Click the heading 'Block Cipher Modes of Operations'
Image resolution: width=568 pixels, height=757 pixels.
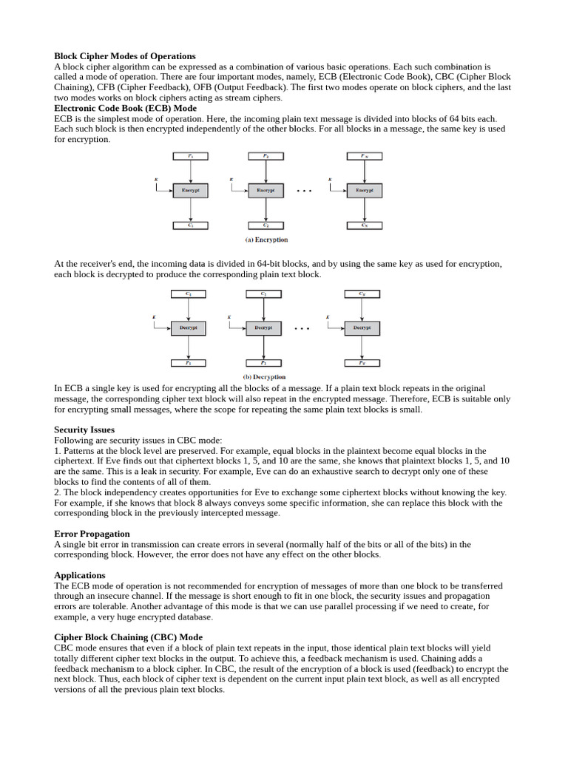click(124, 56)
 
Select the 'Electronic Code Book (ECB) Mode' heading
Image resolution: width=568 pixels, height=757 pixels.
click(125, 108)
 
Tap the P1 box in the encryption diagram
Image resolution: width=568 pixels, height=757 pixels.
click(190, 156)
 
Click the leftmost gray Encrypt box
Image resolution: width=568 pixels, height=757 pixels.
click(190, 190)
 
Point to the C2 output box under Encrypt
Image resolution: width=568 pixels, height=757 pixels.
click(266, 225)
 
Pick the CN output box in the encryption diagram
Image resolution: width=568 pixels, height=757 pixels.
click(364, 225)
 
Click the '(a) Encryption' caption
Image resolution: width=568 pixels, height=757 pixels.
click(266, 240)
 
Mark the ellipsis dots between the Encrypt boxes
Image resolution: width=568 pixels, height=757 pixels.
click(304, 191)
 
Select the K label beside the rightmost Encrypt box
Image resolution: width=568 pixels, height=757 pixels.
click(329, 180)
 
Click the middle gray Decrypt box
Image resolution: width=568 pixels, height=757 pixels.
click(263, 327)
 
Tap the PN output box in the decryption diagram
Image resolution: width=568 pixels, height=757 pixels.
click(362, 363)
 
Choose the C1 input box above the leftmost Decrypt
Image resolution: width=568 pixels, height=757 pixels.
click(188, 293)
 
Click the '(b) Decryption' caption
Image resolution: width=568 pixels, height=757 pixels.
click(264, 377)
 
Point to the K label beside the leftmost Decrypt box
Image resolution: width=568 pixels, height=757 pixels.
click(154, 317)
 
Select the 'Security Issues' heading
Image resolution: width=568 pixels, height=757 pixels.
click(84, 430)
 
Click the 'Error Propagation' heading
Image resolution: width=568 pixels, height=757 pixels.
click(92, 534)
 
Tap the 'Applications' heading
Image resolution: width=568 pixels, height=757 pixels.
click(80, 575)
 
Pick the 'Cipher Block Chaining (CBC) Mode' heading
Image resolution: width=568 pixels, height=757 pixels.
click(128, 637)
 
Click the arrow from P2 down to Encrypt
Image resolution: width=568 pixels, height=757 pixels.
click(266, 172)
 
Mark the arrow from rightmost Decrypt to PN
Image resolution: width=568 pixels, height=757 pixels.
click(362, 347)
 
